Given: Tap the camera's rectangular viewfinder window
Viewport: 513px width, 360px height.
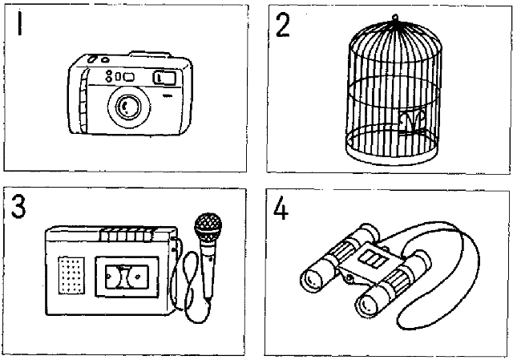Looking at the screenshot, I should point(164,77).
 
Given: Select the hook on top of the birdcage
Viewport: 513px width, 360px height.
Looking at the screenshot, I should point(394,18).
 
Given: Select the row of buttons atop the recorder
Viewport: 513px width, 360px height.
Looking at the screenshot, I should point(123,233).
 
